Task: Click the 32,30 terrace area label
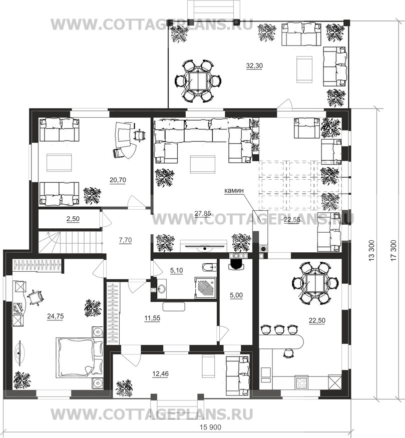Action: pyautogui.click(x=254, y=66)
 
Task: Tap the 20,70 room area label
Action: pyautogui.click(x=118, y=180)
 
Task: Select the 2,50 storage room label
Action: pyautogui.click(x=73, y=219)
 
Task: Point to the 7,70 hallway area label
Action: pyautogui.click(x=126, y=240)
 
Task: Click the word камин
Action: pyautogui.click(x=234, y=191)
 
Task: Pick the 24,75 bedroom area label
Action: pyautogui.click(x=55, y=316)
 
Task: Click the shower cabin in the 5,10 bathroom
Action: pyautogui.click(x=205, y=288)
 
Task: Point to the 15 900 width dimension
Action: pyautogui.click(x=211, y=427)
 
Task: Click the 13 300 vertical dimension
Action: pyautogui.click(x=371, y=251)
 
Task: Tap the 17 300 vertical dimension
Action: pyautogui.click(x=393, y=251)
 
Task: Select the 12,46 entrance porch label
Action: pyautogui.click(x=161, y=374)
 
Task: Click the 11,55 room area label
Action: pyautogui.click(x=152, y=318)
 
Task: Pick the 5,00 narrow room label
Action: pyautogui.click(x=236, y=295)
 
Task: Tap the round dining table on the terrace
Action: pyautogui.click(x=198, y=81)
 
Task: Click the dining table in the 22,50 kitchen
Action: pyautogui.click(x=315, y=283)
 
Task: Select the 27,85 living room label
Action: pyautogui.click(x=203, y=214)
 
